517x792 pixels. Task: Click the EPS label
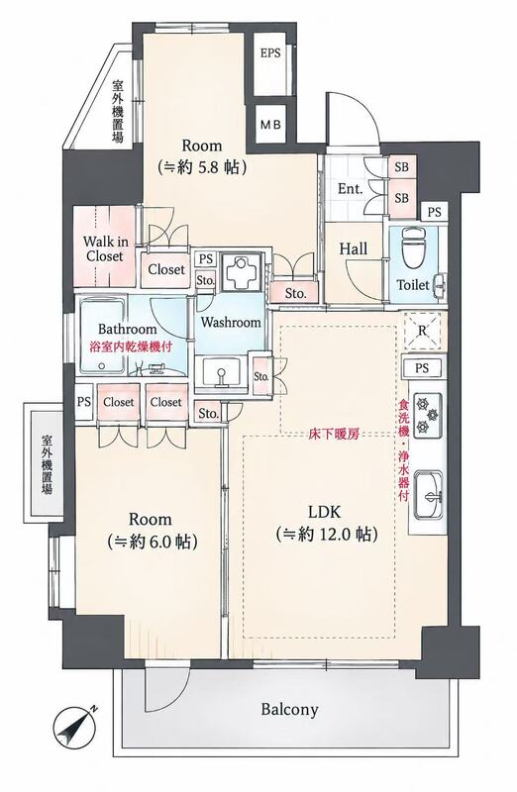coord(270,52)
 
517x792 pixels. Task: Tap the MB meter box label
coord(270,125)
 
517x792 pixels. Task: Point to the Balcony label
coord(289,710)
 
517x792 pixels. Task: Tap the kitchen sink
coord(428,495)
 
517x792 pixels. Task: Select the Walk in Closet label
coord(106,248)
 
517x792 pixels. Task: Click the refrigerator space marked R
coord(423,332)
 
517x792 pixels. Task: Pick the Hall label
coord(354,248)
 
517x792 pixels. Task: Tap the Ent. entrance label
coord(351,189)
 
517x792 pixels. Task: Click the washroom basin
coord(221,373)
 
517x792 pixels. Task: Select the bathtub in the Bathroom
coord(103,335)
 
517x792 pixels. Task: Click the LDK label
coord(325,512)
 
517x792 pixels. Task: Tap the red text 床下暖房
coord(334,434)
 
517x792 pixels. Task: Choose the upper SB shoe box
coord(402,166)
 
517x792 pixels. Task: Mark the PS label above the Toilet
coord(434,212)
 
